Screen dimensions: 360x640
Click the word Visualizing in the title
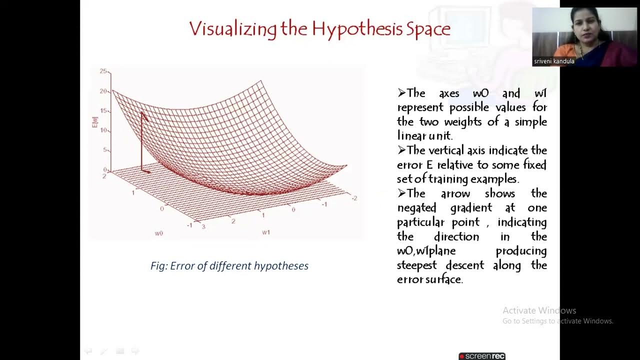click(x=232, y=29)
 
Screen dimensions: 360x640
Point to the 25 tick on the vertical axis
click(x=103, y=71)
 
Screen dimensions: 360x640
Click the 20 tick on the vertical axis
click(x=103, y=91)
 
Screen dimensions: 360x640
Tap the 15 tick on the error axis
click(x=103, y=111)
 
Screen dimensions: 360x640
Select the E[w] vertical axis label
click(x=94, y=121)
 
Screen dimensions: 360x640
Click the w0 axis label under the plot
click(x=159, y=233)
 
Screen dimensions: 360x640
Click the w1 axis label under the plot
click(x=266, y=232)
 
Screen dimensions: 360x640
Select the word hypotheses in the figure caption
click(x=281, y=266)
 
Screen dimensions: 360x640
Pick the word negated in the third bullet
click(x=416, y=207)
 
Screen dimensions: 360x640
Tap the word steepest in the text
click(x=416, y=265)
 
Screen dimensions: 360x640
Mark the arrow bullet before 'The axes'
click(x=401, y=93)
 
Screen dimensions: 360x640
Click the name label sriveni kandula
click(x=554, y=61)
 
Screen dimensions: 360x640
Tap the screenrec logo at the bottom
click(x=482, y=356)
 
